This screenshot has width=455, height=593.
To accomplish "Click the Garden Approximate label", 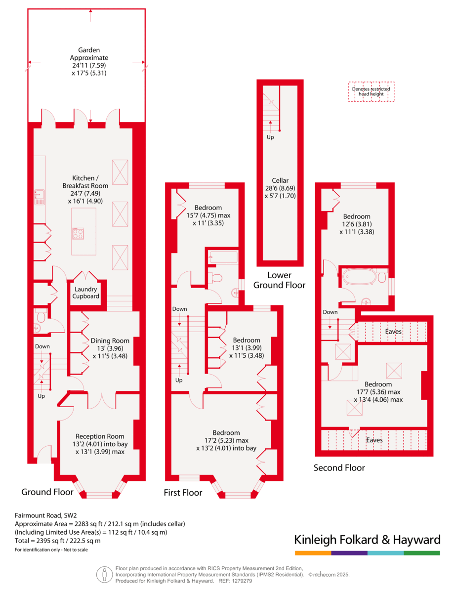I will pos(89,61).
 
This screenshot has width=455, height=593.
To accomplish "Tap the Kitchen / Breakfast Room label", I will pos(90,186).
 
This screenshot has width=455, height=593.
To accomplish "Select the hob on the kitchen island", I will pos(78,233).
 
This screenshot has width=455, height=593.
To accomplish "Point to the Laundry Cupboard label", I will pos(87,293).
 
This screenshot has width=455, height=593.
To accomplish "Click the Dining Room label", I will pos(110,348).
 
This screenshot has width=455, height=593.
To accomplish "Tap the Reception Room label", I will pos(100,444).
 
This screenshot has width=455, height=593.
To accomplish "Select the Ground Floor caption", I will pos(47,492).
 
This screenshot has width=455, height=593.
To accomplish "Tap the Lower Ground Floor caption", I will pos(279,280).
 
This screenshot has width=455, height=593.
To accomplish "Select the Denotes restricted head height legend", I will pos(371,91).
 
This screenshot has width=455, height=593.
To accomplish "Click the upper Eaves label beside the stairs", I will pos(394,332).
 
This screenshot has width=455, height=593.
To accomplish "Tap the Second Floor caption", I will pos(339,467).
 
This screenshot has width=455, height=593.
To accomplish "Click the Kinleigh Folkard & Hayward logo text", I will pos(367,540).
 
